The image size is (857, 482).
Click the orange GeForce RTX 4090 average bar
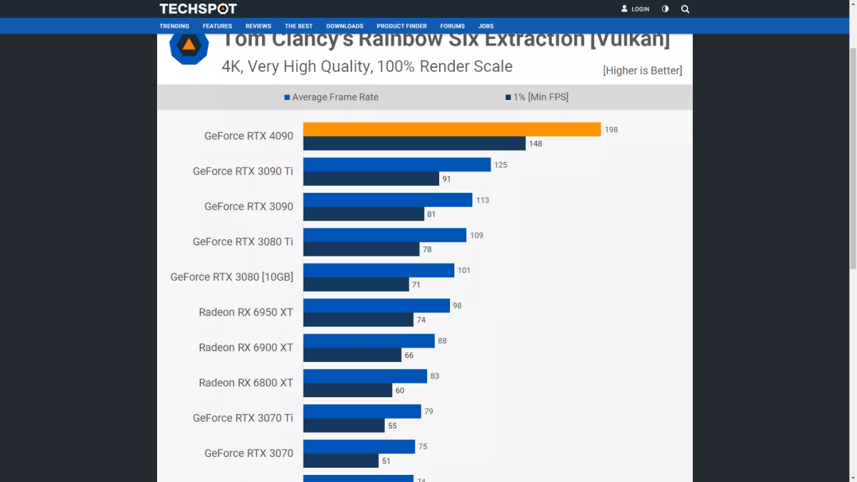(451, 129)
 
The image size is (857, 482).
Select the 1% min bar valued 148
(414, 144)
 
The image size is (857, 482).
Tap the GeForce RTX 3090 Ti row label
(243, 171)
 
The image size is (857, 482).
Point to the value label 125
(501, 165)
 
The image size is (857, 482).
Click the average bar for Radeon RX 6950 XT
(376, 306)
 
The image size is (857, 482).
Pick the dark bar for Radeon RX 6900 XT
(352, 355)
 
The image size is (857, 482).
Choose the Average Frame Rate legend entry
(331, 97)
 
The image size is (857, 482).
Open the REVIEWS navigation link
(259, 26)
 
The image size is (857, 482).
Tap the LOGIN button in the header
(636, 9)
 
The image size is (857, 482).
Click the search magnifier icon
(685, 9)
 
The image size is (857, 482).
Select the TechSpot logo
(198, 9)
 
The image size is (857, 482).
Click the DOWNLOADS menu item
(345, 26)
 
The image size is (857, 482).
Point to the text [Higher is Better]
(642, 70)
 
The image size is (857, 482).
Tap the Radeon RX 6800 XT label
(246, 383)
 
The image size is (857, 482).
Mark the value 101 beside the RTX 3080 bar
(464, 271)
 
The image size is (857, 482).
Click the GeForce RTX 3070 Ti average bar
(362, 411)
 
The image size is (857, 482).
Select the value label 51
(386, 461)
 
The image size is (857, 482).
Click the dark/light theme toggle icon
(665, 9)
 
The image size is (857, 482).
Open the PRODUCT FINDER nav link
(401, 26)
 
